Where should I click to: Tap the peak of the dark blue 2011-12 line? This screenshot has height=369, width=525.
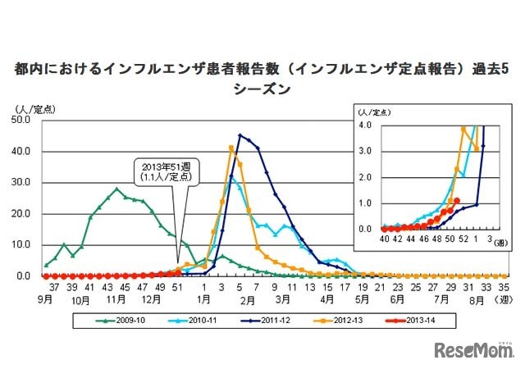pos(240,135)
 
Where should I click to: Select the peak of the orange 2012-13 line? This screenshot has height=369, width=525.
pos(231,148)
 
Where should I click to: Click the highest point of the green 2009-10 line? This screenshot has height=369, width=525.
pos(117,189)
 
